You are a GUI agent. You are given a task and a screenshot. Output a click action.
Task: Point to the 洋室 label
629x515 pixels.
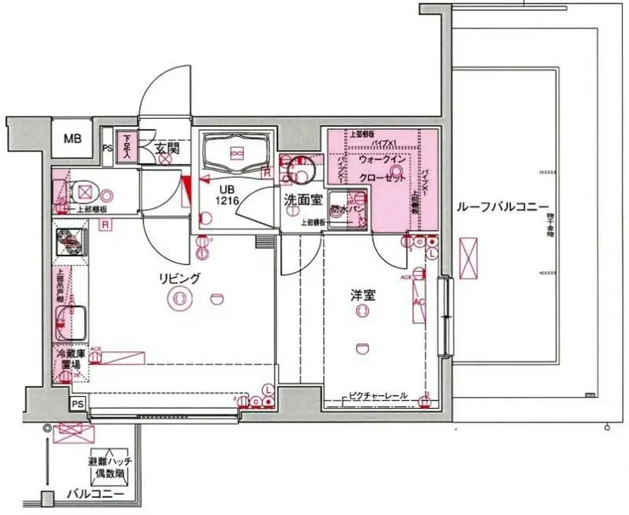coord(363,296)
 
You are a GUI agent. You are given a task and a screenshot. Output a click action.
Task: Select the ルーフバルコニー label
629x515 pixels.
coord(501,207)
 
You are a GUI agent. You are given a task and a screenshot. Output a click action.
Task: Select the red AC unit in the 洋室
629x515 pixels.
coord(419,306)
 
